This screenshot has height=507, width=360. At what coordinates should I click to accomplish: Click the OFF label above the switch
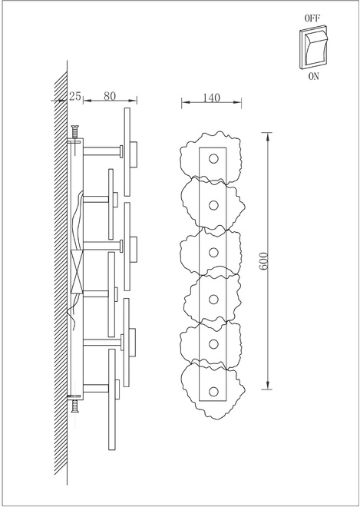tap(312, 18)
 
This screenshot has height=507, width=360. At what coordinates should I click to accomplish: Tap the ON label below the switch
tap(313, 76)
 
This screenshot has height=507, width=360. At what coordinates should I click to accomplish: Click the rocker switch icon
tap(313, 48)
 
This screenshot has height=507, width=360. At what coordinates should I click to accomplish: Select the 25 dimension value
tap(74, 96)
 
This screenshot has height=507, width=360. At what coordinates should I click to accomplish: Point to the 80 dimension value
tap(110, 96)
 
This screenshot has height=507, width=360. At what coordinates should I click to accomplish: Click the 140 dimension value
tap(211, 98)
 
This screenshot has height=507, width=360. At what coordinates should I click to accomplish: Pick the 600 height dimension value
tap(264, 261)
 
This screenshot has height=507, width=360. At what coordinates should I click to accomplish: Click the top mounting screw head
tap(75, 127)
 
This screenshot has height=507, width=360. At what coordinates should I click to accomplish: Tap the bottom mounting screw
tap(75, 406)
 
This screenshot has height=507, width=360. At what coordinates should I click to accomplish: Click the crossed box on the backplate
tap(77, 272)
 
